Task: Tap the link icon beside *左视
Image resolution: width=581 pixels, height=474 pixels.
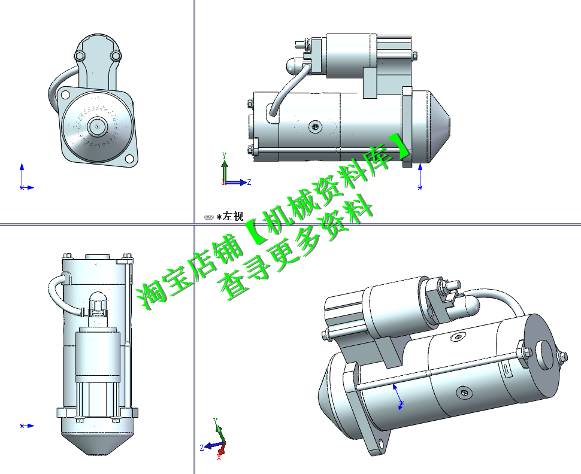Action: (208, 217)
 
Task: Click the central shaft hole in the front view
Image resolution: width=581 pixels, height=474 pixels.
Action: (97, 126)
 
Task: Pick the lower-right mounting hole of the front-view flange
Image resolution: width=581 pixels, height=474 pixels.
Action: (128, 159)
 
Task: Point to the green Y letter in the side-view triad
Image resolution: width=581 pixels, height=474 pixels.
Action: (224, 156)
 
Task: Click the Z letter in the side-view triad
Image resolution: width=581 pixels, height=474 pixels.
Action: (249, 181)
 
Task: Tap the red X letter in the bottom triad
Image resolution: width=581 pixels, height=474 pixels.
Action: (219, 458)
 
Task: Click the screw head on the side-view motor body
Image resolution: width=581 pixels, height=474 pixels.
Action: (316, 127)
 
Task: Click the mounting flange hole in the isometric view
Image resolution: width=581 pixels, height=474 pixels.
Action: (379, 445)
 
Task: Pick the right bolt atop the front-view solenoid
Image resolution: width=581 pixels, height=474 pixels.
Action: (116, 56)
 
